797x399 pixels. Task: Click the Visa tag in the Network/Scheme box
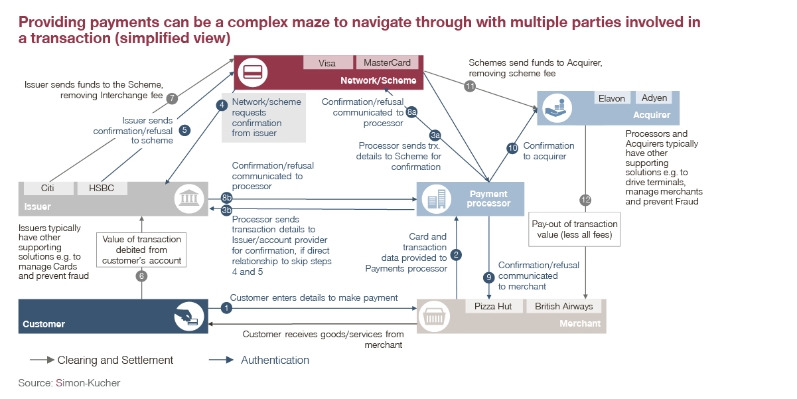[327, 63]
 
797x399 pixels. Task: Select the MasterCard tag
[387, 63]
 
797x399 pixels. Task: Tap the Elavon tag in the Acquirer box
[611, 98]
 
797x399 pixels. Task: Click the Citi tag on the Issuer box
[47, 188]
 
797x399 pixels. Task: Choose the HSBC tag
[101, 188]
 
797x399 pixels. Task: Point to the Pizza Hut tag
[492, 307]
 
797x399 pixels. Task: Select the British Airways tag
[563, 307]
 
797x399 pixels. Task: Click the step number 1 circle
[227, 308]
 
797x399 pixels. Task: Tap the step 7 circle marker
[172, 98]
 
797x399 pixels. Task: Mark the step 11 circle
[471, 86]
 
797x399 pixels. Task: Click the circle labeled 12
[585, 200]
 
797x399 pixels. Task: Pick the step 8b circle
[227, 198]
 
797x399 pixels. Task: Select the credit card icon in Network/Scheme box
[252, 72]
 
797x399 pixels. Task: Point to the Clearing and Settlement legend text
[115, 360]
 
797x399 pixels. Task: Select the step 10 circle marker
[512, 149]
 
